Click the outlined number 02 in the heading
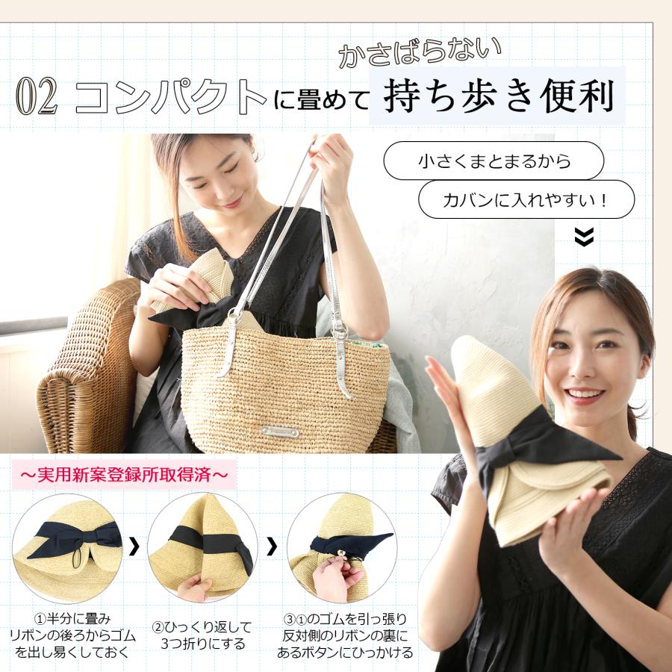tap(37, 98)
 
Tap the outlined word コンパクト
tap(171, 97)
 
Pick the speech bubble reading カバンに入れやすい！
tap(526, 199)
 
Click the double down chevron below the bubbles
tap(584, 237)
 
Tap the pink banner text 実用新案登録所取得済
tap(124, 474)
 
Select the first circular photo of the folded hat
tap(67, 548)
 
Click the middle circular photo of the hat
tap(202, 548)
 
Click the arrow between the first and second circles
tap(134, 547)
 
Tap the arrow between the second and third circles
tap(272, 547)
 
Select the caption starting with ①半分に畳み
tap(72, 635)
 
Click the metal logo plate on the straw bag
tap(280, 432)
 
